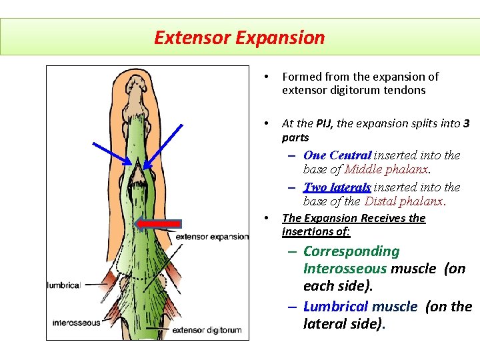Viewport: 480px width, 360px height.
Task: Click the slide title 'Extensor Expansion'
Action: point(239,37)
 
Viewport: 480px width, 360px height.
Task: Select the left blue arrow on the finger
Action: point(113,147)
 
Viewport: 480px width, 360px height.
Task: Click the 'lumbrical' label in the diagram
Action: point(63,285)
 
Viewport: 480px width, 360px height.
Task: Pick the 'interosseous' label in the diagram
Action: point(77,323)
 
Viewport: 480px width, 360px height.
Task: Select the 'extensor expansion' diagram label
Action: point(211,236)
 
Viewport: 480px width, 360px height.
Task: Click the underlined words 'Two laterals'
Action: point(337,187)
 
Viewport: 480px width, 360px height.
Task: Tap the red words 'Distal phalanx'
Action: point(404,201)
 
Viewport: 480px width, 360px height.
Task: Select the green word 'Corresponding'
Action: point(351,251)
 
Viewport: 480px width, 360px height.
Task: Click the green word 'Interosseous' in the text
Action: point(345,269)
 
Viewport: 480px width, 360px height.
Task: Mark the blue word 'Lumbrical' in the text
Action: point(335,307)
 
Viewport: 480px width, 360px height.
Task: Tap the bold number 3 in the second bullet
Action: point(466,123)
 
